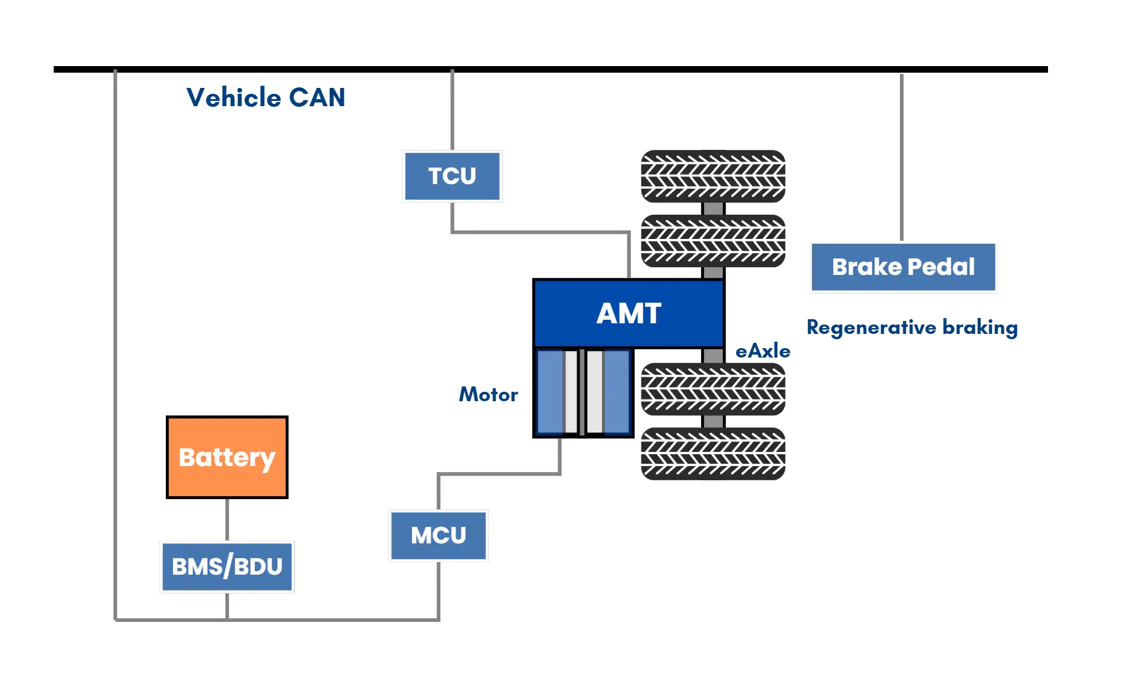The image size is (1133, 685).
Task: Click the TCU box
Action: pos(453,175)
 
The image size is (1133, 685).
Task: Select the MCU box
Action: pos(438,536)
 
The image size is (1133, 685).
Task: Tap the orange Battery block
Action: pos(227,457)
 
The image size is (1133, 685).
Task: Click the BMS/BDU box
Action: pos(227,566)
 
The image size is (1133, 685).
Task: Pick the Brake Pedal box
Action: pos(903,267)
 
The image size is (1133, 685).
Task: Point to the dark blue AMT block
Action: pos(628,313)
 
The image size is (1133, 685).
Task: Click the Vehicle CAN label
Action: pos(265,97)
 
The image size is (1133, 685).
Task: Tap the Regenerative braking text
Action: pos(912,327)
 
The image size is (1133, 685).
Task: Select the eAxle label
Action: pos(763,350)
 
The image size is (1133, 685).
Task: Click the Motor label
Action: pos(489,394)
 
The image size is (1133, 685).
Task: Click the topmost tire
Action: pos(713,175)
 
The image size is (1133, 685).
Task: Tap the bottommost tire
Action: pos(713,453)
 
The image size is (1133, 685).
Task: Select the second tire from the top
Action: pos(713,241)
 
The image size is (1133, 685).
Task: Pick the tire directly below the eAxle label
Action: pos(713,388)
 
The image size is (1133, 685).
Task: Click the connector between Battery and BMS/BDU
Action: pos(227,519)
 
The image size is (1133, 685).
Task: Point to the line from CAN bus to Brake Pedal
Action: pos(901,156)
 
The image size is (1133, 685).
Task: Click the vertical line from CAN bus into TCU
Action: pos(453,109)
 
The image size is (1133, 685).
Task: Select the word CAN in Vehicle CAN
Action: pos(317,97)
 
